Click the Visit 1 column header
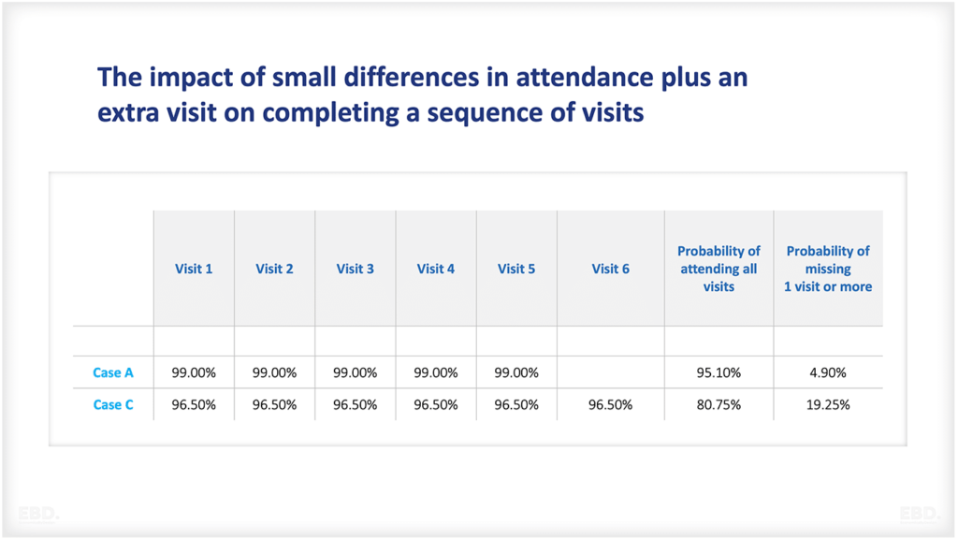[194, 269]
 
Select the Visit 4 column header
[436, 269]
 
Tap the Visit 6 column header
[610, 269]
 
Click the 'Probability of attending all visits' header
[718, 269]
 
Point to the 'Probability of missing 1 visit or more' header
[828, 269]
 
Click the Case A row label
[113, 372]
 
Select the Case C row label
[113, 405]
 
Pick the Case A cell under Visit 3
[356, 372]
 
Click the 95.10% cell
[718, 372]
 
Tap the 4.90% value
[828, 372]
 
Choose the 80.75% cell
[718, 405]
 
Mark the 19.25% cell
[828, 405]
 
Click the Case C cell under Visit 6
[610, 405]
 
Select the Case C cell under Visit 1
[194, 405]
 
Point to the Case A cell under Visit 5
[516, 372]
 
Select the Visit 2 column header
[274, 269]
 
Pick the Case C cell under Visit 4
[436, 405]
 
